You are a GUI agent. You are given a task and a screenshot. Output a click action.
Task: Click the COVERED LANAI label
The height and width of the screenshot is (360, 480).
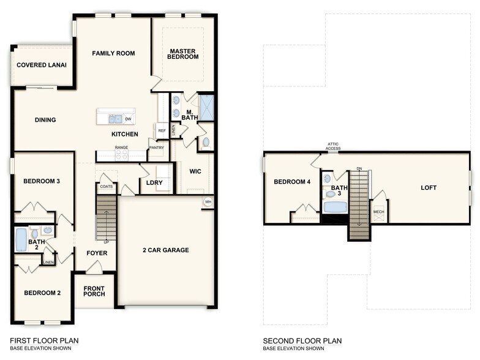point(42,65)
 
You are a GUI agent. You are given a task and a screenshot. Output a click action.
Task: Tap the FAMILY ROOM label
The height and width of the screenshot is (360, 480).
point(113,54)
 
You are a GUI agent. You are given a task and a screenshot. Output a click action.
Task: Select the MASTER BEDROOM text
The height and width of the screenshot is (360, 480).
point(184,54)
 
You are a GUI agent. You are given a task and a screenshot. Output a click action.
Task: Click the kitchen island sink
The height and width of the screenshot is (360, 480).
point(114,119)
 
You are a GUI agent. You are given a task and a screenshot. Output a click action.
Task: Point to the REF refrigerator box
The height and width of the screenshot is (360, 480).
point(162,130)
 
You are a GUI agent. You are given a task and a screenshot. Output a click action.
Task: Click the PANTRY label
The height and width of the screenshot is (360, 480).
point(157,148)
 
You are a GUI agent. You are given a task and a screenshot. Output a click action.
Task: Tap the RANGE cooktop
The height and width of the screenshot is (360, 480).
point(121,156)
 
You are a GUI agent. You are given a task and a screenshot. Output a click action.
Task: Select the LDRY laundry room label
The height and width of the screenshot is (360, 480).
point(154,182)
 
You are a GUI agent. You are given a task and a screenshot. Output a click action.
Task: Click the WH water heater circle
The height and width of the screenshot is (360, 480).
point(208,203)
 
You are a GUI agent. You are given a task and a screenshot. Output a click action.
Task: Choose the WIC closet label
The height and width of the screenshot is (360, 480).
point(195,172)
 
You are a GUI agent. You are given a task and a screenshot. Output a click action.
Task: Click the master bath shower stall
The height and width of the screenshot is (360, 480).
point(207,108)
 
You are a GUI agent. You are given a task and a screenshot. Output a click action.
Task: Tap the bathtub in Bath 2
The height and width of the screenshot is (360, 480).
point(21,239)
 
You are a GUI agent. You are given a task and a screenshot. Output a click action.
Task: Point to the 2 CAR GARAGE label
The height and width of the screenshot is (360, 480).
point(166,250)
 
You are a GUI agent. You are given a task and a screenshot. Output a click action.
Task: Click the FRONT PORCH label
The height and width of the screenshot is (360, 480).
point(94,291)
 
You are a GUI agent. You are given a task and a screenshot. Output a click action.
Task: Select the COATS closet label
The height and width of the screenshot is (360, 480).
point(106,187)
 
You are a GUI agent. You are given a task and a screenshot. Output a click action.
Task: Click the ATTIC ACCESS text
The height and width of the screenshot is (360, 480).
point(332,146)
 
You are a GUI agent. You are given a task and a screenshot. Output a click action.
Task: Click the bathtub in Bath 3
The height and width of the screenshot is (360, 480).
point(335,207)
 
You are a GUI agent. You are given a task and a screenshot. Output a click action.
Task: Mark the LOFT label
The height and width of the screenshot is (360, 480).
point(429,187)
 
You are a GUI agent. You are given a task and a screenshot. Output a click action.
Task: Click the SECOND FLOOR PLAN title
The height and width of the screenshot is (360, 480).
point(302,341)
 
